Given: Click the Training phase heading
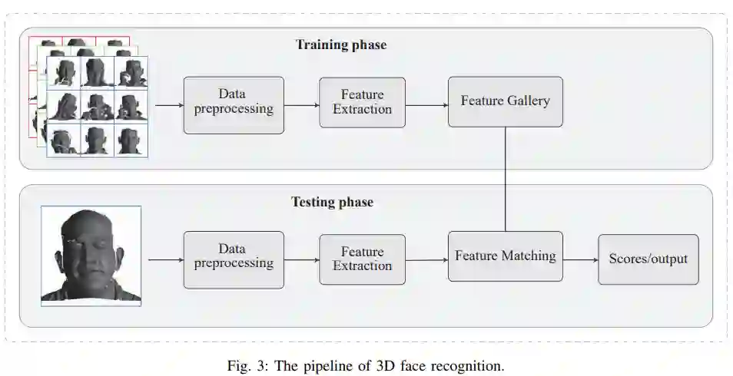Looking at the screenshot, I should point(341,45).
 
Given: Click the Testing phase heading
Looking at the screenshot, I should point(332,203).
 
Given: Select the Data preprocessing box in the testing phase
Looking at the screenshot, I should point(234,256).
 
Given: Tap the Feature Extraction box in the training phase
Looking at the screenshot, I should point(362,102).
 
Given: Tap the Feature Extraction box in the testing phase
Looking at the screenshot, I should point(362,259).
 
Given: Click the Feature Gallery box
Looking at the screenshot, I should point(505,101).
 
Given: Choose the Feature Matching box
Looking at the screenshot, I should point(505,256).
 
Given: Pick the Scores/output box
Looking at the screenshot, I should point(648,259).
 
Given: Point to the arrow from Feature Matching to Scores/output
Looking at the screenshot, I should point(580,259).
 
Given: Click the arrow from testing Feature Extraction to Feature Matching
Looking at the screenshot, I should point(426,259).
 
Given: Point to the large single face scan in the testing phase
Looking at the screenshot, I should point(91,256).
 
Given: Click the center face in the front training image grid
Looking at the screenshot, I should point(98,106).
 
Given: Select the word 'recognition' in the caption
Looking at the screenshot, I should point(466,364).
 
